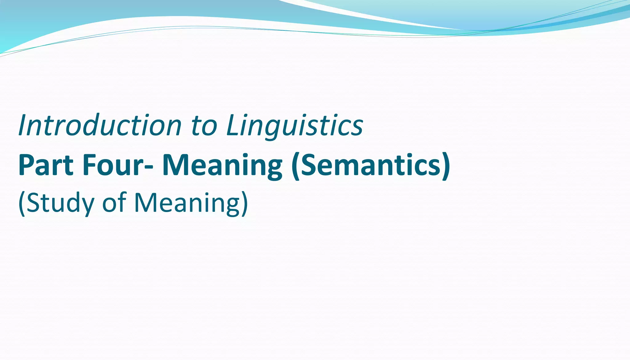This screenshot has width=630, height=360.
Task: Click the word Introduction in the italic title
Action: tap(100, 126)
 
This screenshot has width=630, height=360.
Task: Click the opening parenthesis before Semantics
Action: tap(296, 166)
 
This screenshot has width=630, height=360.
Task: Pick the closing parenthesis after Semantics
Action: tap(446, 166)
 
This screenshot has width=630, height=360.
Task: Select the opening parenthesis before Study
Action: tap(21, 204)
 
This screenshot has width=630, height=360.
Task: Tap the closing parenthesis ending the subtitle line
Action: tap(245, 204)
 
